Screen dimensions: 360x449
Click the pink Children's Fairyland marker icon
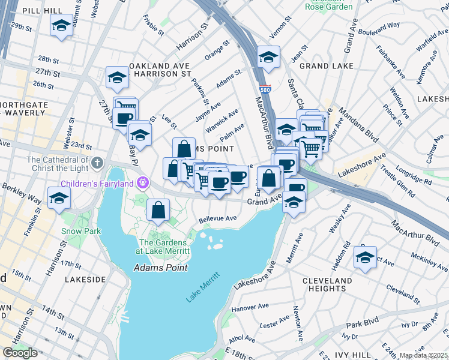point(143,182)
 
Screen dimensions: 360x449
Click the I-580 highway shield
point(265,88)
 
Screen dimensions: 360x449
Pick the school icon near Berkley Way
point(59,197)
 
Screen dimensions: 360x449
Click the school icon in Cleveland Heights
point(365,257)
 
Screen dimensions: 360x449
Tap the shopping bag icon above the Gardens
point(158,210)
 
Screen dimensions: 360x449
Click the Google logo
point(20,353)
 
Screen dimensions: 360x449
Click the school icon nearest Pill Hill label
point(61,26)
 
